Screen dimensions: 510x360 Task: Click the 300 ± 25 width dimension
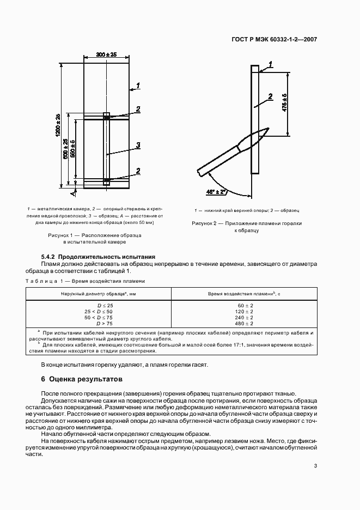click(x=107, y=55)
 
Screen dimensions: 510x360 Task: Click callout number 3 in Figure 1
click(x=139, y=145)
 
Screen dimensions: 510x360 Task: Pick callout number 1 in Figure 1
click(x=139, y=85)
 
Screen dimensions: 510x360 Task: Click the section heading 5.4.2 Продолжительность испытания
click(x=99, y=256)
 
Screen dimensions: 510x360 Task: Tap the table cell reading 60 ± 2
click(x=245, y=306)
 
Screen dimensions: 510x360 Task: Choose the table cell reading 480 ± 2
click(x=245, y=324)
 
